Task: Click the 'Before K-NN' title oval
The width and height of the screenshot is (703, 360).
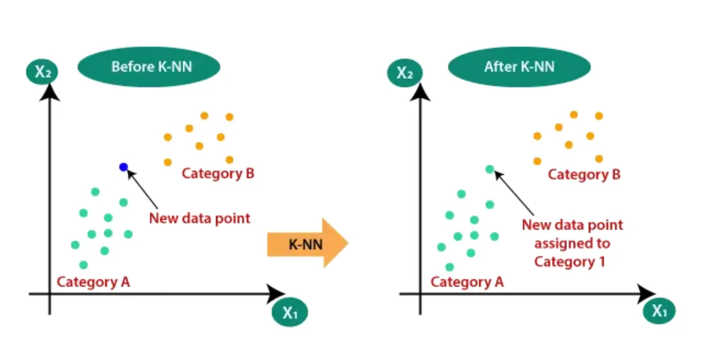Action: click(x=148, y=67)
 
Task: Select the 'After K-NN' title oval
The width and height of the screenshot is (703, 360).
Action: click(x=519, y=67)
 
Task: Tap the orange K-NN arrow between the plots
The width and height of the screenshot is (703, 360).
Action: click(x=307, y=243)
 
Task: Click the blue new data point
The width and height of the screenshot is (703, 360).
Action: click(x=124, y=167)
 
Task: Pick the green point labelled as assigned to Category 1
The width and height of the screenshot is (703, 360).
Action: click(x=490, y=170)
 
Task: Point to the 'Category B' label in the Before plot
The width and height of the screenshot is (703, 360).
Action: click(x=218, y=174)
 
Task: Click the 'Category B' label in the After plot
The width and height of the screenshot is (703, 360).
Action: click(x=584, y=175)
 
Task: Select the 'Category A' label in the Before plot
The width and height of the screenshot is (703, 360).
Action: click(x=94, y=282)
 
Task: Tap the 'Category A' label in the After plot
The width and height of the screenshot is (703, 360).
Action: click(x=468, y=282)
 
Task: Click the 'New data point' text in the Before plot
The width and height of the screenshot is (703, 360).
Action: click(x=199, y=217)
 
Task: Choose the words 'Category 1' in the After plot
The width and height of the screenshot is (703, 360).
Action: click(x=571, y=262)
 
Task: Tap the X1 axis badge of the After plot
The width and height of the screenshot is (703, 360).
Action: click(x=658, y=311)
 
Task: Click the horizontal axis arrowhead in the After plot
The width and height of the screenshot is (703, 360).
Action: click(x=646, y=295)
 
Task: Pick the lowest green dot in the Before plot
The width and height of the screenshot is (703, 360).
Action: click(x=83, y=265)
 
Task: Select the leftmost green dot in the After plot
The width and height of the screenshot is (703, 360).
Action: click(x=441, y=246)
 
